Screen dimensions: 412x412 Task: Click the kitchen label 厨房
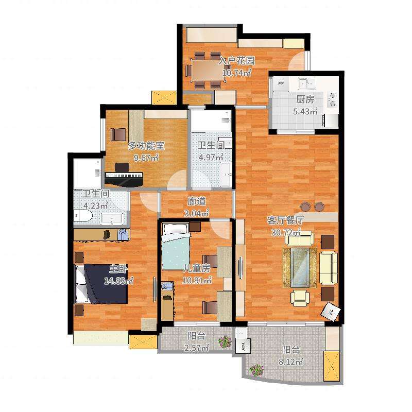click(x=305, y=99)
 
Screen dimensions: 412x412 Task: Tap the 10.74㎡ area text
click(x=237, y=72)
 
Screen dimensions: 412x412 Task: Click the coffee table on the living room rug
click(x=300, y=267)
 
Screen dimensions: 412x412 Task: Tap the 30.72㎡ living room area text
click(x=286, y=233)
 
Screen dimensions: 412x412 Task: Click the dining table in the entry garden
click(x=208, y=70)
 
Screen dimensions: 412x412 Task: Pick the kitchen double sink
click(x=306, y=83)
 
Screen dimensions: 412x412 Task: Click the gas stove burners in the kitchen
click(x=333, y=99)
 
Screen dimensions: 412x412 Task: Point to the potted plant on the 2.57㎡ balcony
click(x=225, y=342)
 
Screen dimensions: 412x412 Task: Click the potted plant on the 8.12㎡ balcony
click(x=256, y=370)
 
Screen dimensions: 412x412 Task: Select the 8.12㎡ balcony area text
click(x=291, y=362)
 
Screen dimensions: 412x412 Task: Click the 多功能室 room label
click(x=146, y=146)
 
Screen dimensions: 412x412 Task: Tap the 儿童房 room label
click(x=197, y=268)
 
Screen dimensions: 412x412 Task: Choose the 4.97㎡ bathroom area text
click(x=211, y=158)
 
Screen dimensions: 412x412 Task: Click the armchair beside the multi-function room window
click(x=118, y=134)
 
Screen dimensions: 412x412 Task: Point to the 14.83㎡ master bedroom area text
click(x=119, y=281)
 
